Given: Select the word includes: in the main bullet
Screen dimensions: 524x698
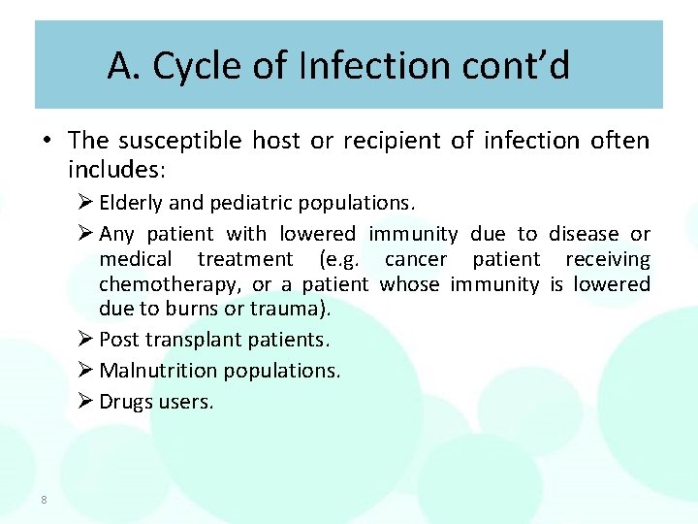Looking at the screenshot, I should [x=117, y=170].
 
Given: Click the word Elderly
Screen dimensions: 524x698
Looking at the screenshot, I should [x=132, y=204].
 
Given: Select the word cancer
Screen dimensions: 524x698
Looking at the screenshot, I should [x=416, y=259].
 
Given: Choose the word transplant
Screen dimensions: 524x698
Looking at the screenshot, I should [x=185, y=341].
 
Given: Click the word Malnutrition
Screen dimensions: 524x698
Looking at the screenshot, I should [x=159, y=371].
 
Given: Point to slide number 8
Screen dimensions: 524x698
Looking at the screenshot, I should [x=44, y=500].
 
